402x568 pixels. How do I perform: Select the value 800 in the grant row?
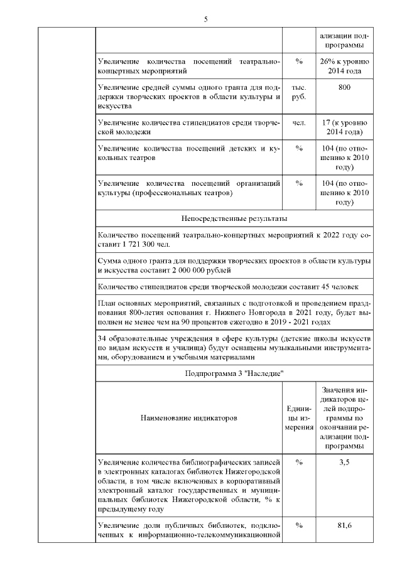pyautogui.click(x=344, y=87)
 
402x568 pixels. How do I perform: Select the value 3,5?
pyautogui.click(x=344, y=462)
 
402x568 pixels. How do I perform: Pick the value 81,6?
pyautogui.click(x=344, y=525)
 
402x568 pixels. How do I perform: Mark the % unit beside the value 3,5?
pyautogui.click(x=298, y=462)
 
